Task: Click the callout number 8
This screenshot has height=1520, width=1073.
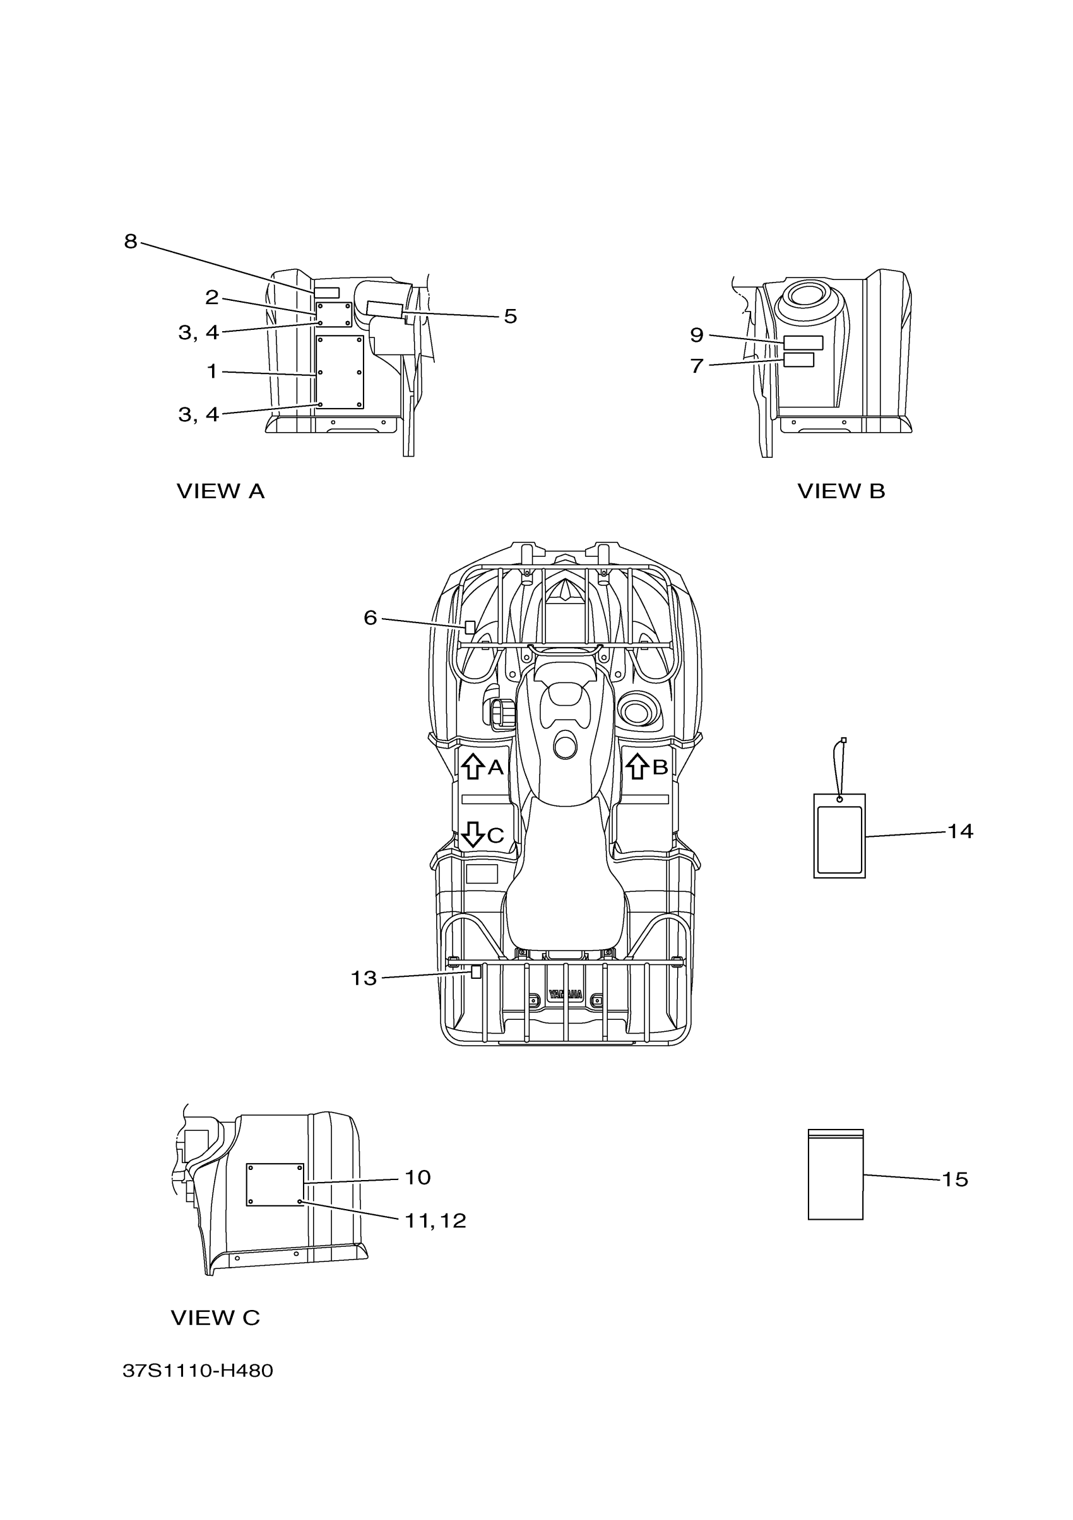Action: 131,242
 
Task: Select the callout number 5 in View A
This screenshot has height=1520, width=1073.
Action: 510,317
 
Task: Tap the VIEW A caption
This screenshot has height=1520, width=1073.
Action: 220,491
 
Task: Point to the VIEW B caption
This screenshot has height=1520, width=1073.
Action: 841,491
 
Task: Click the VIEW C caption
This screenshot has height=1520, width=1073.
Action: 215,1318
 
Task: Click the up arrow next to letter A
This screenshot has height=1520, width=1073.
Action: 472,766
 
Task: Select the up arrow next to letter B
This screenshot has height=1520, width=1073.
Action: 637,766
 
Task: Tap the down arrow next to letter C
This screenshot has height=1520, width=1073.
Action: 472,834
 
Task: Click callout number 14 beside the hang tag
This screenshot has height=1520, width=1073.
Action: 960,831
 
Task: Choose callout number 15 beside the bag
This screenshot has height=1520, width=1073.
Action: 954,1179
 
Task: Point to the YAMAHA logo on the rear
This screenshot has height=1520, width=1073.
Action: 565,995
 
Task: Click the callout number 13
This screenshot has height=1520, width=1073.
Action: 363,978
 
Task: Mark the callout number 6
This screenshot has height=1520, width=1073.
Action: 371,618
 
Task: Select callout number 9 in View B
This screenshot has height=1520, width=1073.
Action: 696,335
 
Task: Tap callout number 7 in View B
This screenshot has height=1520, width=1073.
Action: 696,366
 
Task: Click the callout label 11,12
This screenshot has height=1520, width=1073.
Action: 435,1221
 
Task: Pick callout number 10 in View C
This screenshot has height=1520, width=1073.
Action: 417,1178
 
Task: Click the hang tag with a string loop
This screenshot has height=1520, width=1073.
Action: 839,836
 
